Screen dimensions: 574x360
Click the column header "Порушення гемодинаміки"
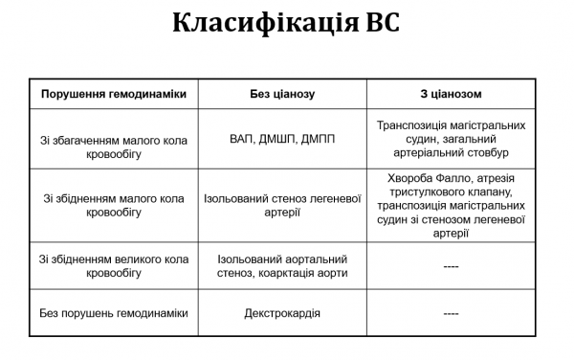point(114,94)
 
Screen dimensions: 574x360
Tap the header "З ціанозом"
point(451,94)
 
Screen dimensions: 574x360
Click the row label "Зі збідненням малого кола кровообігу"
point(114,205)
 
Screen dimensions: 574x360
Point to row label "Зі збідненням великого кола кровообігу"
point(114,265)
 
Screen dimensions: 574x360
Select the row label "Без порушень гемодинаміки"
point(114,313)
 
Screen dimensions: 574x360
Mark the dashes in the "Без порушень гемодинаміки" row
point(451,313)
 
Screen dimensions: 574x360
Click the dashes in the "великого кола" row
point(451,266)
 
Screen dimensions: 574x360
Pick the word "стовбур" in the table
point(488,152)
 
